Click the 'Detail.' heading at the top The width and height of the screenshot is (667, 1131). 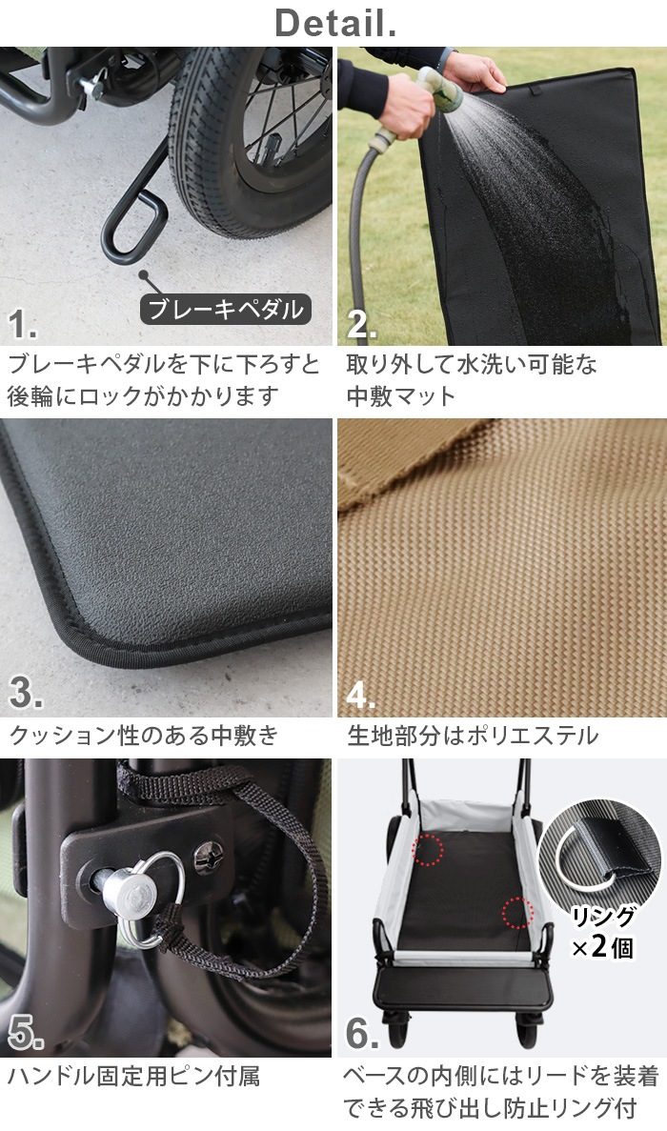334,23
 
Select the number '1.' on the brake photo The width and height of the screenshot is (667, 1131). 23,324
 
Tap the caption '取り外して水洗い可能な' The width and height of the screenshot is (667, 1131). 471,364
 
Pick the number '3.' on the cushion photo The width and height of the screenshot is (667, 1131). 24,695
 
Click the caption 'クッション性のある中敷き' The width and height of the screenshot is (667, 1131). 144,736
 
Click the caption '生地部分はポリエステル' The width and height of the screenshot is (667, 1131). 473,736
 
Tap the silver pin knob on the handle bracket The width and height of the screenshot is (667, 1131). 124,892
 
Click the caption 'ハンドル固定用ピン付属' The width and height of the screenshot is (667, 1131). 133,1077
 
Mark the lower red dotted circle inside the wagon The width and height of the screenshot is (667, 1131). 516,913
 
